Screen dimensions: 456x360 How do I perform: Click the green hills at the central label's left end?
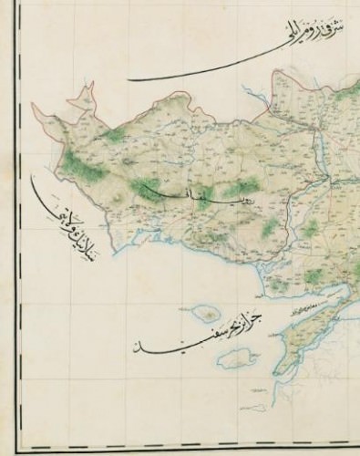pos(146,189)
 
